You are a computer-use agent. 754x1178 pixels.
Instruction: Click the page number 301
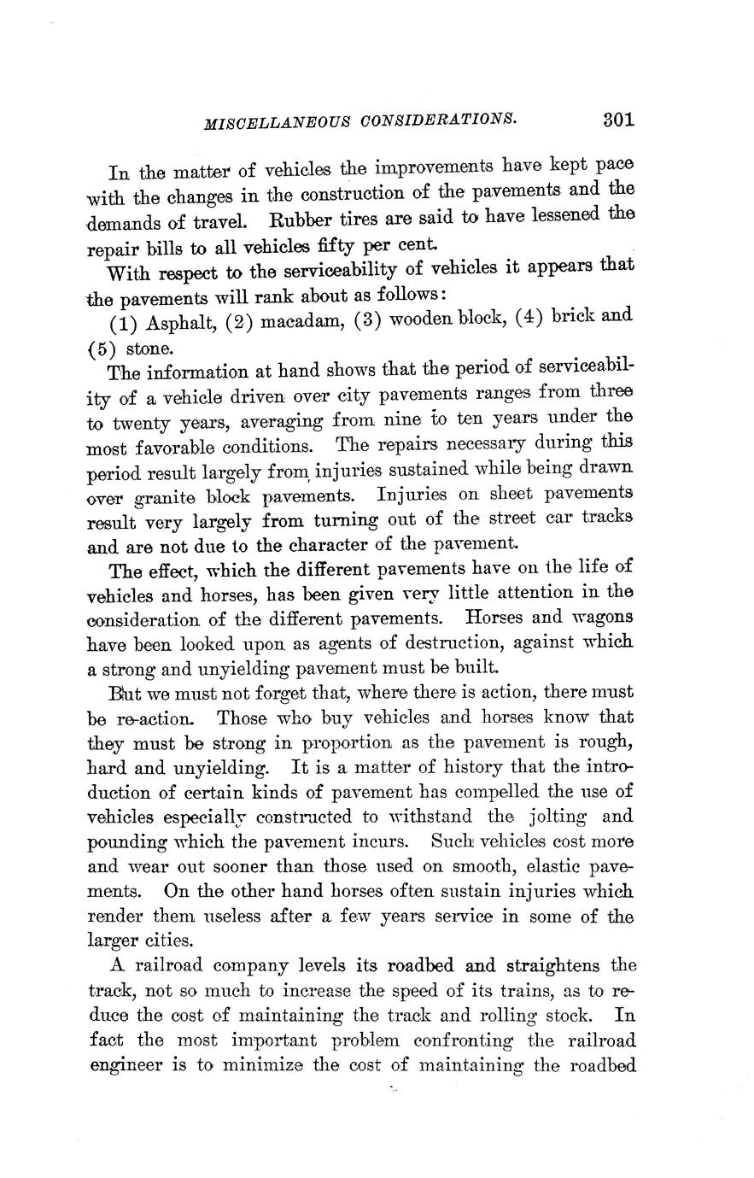[x=618, y=119]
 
